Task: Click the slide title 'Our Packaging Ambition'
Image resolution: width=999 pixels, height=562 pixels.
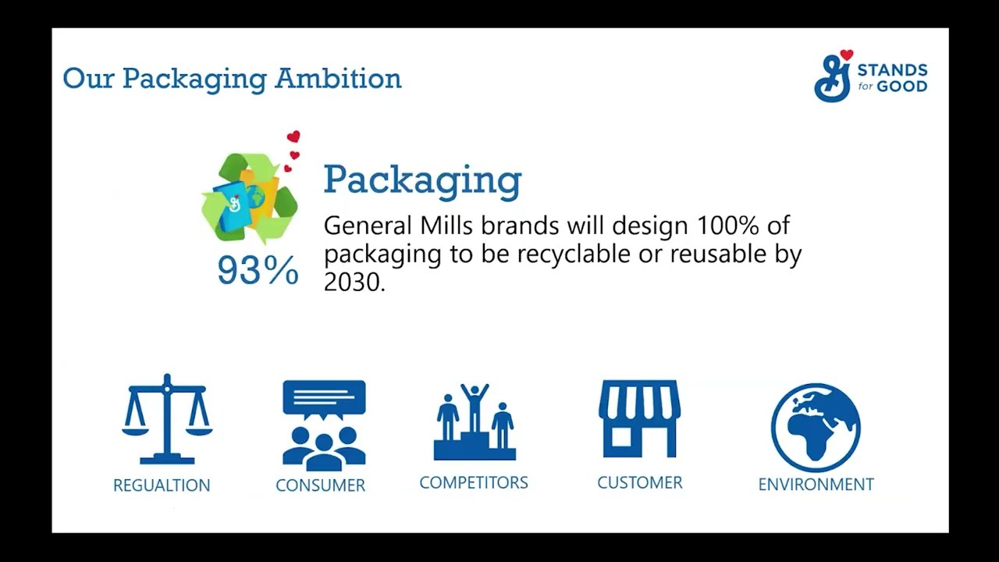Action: coord(232,79)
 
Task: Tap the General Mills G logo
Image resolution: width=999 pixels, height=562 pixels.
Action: coord(832,80)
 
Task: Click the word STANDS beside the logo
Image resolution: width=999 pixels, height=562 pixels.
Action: coord(892,69)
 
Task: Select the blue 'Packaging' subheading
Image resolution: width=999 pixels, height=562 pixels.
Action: coord(422,180)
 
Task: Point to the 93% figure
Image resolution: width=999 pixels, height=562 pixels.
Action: coord(258,270)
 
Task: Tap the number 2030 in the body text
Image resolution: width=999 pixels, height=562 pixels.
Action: coord(353,282)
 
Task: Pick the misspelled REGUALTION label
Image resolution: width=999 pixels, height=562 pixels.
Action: coord(162,486)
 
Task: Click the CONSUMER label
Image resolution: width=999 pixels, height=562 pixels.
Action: coord(320,486)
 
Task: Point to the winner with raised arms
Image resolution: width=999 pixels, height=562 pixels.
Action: coord(474,406)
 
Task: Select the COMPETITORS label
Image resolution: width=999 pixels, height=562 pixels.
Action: coord(474,482)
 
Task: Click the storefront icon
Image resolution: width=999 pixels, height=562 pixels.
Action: coord(639,418)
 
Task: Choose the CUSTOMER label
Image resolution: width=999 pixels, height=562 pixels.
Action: coord(639,482)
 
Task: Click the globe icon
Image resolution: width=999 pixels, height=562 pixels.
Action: coord(816,428)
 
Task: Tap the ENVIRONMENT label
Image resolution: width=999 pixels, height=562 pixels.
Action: coord(816,485)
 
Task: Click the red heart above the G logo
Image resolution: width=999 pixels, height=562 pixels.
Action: coord(847,55)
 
